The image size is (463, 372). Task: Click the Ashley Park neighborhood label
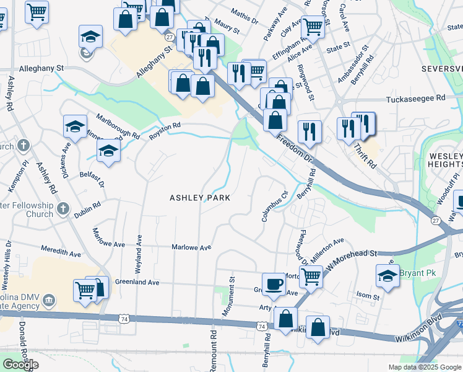tap(200, 198)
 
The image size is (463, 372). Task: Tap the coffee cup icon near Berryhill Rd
tap(274, 283)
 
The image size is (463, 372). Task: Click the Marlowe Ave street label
tap(192, 247)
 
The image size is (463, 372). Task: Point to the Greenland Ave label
tap(137, 282)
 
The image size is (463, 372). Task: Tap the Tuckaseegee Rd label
tap(415, 98)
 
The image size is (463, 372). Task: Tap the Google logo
tap(20, 365)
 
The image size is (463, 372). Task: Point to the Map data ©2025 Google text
tap(424, 367)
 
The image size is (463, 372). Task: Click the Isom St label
tap(368, 297)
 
